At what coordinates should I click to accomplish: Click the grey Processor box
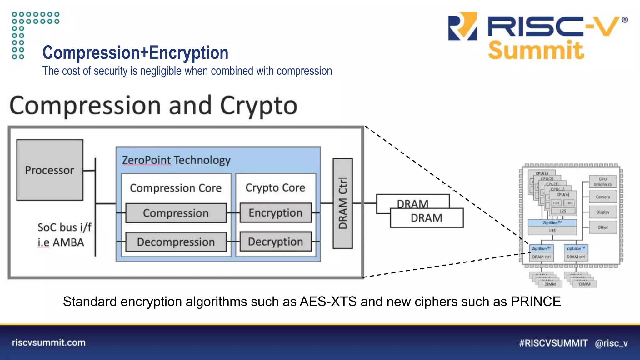(x=50, y=170)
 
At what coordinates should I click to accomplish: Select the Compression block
(x=176, y=213)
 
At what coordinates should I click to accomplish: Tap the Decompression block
(x=176, y=242)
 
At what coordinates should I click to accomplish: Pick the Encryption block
(x=276, y=213)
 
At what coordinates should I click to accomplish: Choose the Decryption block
(x=276, y=242)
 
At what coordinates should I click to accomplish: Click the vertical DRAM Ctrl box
(x=342, y=203)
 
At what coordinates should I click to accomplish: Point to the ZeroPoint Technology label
(x=176, y=160)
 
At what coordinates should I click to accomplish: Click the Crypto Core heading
(x=275, y=187)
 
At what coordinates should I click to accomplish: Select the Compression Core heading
(x=176, y=188)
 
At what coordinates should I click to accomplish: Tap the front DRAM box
(x=427, y=218)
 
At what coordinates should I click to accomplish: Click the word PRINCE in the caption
(x=536, y=302)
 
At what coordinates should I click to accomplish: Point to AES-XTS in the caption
(x=328, y=302)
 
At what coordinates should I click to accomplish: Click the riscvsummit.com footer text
(x=49, y=342)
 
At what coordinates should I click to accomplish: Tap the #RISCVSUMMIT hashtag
(x=553, y=343)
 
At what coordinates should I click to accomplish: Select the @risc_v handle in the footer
(x=611, y=343)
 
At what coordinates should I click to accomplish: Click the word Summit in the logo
(x=536, y=50)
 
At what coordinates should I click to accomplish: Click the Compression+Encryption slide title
(x=135, y=52)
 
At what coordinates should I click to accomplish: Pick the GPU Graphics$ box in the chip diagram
(x=602, y=182)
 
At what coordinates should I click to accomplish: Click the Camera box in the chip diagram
(x=602, y=197)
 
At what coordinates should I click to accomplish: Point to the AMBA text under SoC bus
(x=68, y=242)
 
